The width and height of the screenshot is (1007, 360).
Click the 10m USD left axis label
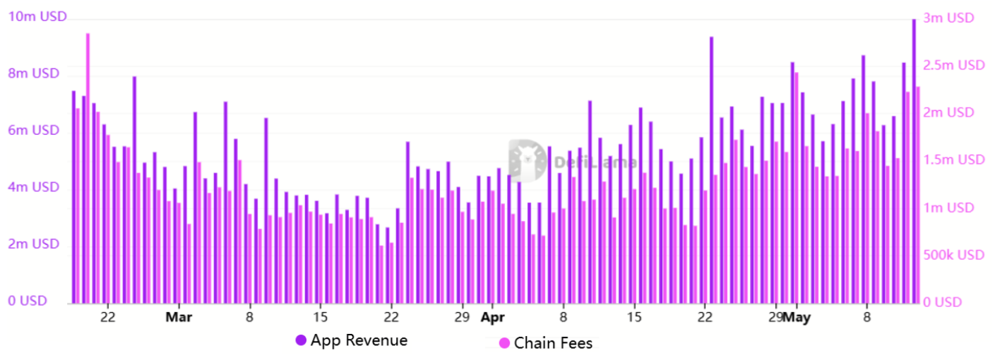point(37,16)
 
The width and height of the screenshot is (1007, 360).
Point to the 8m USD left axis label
point(33,73)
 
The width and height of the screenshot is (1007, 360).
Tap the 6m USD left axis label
point(33,131)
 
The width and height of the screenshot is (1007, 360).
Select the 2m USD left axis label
point(33,244)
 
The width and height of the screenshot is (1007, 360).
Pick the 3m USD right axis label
point(950,18)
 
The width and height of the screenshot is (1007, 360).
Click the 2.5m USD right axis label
point(955,66)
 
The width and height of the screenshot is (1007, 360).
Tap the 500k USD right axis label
point(954,255)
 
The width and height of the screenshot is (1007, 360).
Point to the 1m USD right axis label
point(950,208)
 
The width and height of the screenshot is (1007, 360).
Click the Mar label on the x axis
point(179,318)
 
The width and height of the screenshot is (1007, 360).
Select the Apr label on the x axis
point(492,318)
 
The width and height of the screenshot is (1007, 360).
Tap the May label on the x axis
point(797,318)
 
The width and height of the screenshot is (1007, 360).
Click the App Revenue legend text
point(359,340)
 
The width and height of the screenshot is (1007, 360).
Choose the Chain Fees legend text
point(553,344)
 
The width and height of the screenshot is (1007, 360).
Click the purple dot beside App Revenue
point(301,340)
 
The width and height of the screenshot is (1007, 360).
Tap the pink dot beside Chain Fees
point(504,344)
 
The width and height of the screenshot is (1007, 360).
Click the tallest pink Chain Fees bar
point(88,169)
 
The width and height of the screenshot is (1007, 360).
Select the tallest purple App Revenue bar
point(914,162)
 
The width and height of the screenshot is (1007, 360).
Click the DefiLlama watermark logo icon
point(527,159)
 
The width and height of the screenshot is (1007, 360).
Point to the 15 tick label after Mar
point(321,318)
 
